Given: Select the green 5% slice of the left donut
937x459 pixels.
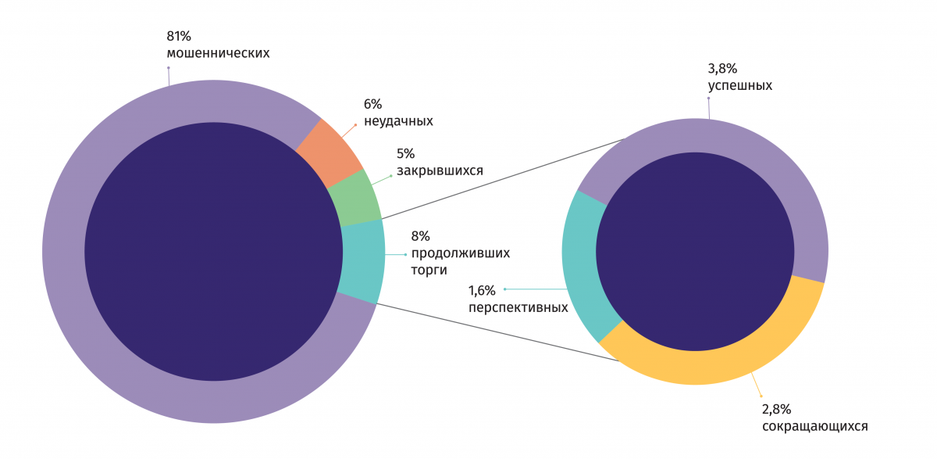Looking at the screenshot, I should click(354, 199).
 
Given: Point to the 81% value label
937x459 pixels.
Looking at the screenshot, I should click(179, 36).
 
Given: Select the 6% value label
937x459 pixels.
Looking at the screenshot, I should click(373, 104).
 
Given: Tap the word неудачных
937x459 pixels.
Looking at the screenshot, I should click(398, 121).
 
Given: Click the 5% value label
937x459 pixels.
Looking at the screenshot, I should click(406, 153).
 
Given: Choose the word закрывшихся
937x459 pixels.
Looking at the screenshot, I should click(440, 170).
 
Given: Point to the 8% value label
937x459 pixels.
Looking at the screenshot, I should click(420, 236).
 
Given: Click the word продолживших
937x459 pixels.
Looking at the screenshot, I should click(460, 253).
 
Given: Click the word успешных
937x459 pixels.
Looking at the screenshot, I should click(739, 86).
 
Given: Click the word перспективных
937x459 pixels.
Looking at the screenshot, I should click(518, 308).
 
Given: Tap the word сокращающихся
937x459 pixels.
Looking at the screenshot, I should click(814, 427).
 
